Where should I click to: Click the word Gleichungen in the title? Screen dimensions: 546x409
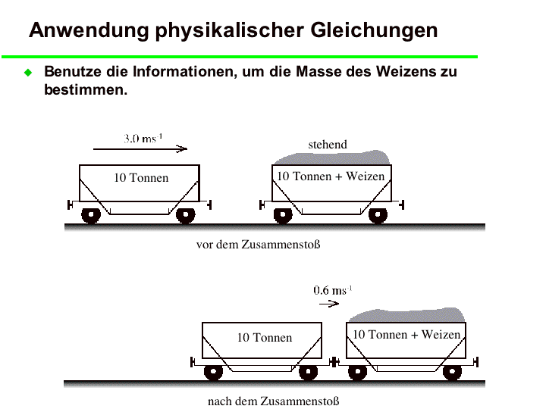pos(374,30)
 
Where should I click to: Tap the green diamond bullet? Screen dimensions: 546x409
pos(28,73)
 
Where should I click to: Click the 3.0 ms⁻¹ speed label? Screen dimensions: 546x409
pos(143,139)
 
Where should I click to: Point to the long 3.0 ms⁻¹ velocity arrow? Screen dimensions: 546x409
pos(140,149)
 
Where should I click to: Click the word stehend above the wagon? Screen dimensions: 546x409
pos(328,145)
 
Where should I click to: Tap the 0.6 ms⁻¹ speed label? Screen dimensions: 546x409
pos(333,290)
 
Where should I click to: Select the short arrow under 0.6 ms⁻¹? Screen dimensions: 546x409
pos(329,304)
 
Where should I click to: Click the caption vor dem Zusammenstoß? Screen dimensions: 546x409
pos(258,245)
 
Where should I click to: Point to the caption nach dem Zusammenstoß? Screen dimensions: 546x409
pos(273,401)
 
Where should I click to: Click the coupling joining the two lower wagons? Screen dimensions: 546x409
pos(334,362)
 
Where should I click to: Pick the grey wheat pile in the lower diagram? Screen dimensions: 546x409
pos(406,315)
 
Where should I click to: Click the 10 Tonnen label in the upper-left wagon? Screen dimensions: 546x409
pos(141,178)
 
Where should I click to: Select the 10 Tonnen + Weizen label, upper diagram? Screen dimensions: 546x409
pos(331,176)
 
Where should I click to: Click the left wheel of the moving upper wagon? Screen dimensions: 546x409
pos(91,215)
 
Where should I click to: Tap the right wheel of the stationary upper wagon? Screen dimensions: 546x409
pos(378,215)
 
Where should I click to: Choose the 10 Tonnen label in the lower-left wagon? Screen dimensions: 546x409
pos(265,337)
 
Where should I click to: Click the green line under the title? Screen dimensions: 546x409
pos(240,57)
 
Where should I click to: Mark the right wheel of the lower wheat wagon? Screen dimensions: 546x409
pos(452,373)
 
